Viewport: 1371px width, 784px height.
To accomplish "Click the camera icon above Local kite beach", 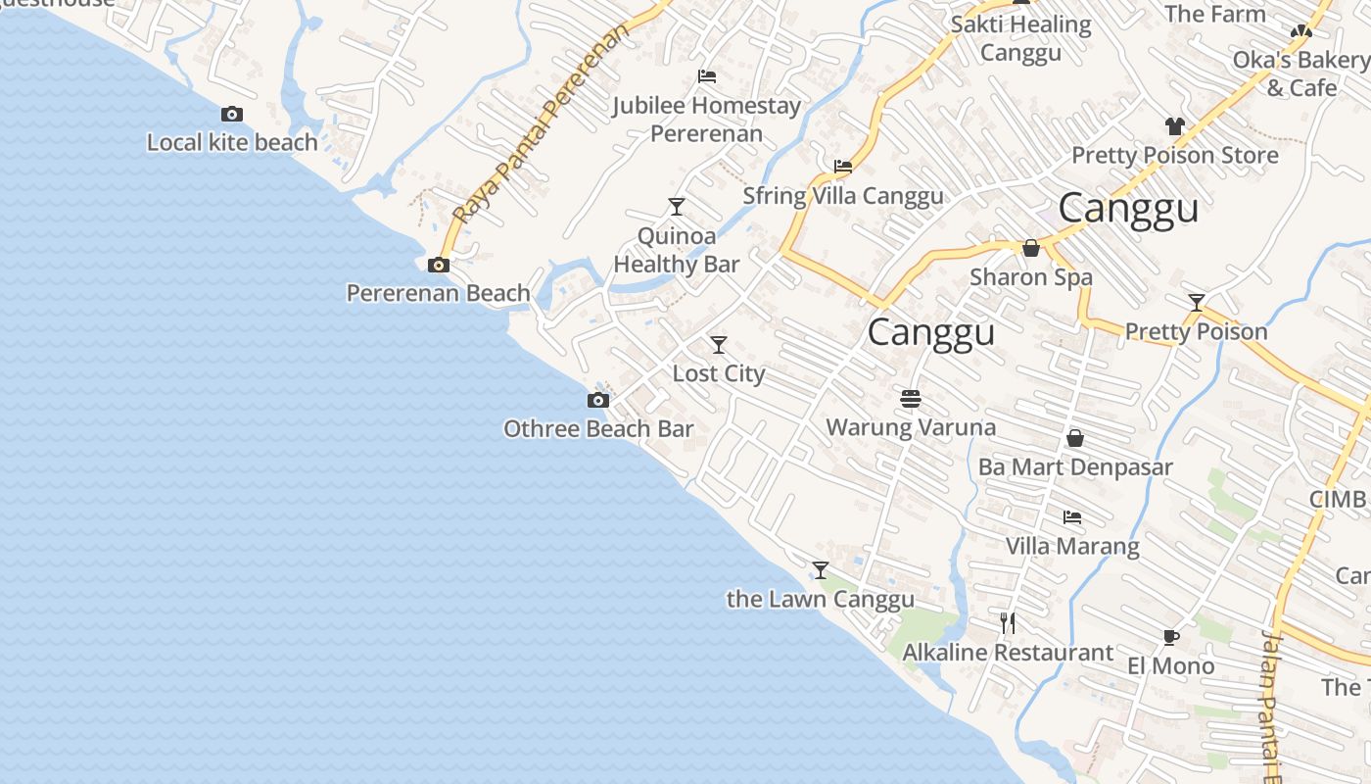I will [232, 115].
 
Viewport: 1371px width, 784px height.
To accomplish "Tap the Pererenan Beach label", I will [439, 293].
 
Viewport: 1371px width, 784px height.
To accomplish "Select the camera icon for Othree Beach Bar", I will [597, 400].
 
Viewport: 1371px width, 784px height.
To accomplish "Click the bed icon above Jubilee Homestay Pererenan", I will [707, 76].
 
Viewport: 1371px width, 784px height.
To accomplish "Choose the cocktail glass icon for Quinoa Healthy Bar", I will [676, 207].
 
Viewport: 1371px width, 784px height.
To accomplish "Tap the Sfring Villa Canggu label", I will [843, 196].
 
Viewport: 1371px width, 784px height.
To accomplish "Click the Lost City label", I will [719, 373].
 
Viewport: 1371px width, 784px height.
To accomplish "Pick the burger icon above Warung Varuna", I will [911, 399].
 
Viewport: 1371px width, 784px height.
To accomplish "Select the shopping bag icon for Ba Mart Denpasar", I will [1075, 438].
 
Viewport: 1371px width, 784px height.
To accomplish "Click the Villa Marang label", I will [1072, 546].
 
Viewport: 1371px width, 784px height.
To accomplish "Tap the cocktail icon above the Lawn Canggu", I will [821, 570].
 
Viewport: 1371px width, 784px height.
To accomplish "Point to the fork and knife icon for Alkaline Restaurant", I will [1008, 622].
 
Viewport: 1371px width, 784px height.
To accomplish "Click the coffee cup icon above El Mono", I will [1170, 638].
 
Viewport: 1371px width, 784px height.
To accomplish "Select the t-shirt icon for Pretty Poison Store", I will [1175, 126].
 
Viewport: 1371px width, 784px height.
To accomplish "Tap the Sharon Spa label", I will [1031, 277].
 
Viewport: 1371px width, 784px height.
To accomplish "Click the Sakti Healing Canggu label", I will [1021, 38].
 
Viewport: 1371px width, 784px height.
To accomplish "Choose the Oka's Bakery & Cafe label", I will [1301, 73].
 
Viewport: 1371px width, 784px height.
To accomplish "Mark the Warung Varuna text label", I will [911, 427].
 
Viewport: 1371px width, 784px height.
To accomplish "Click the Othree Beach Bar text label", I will [597, 429].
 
